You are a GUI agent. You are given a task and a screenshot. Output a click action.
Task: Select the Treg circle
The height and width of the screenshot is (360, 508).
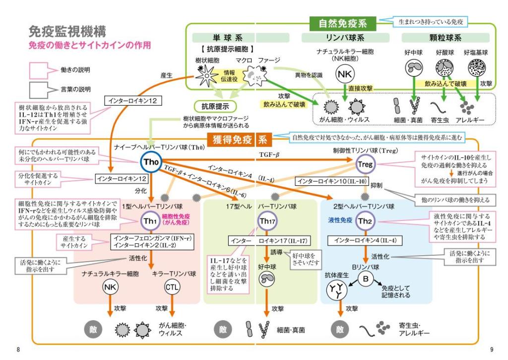(366, 164)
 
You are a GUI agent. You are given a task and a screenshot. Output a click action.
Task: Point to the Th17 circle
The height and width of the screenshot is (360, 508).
(267, 221)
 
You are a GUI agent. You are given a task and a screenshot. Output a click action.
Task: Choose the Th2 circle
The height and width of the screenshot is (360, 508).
(365, 221)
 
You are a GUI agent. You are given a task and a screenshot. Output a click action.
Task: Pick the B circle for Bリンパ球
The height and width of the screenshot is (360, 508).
(366, 280)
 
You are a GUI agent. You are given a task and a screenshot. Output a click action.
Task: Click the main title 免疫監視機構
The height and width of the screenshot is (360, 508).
(67, 32)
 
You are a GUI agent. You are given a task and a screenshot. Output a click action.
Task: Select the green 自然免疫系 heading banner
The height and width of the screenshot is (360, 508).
(342, 22)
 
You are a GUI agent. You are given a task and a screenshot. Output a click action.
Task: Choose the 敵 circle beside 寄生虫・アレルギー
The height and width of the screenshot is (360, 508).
(339, 329)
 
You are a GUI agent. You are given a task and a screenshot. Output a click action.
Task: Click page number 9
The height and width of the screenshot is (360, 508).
(491, 350)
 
